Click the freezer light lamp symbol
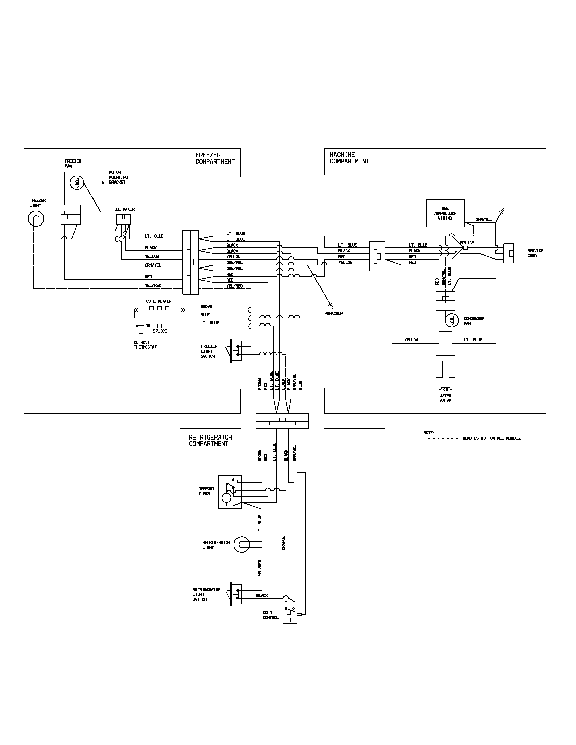(x=36, y=219)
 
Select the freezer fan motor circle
(x=77, y=183)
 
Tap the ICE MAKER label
(x=124, y=209)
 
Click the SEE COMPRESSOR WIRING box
(x=445, y=213)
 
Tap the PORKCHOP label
(x=333, y=313)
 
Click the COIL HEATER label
(x=159, y=301)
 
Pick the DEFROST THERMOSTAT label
(x=145, y=344)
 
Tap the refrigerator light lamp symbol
(x=242, y=545)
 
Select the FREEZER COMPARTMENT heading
(x=215, y=158)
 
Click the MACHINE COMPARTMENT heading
(x=349, y=158)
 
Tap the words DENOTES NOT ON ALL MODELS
(x=492, y=438)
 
